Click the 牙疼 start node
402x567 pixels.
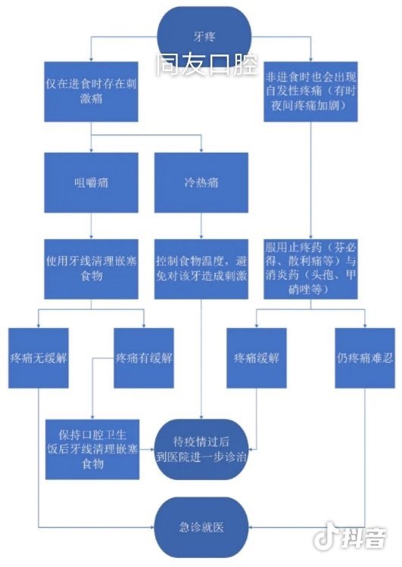point(204,36)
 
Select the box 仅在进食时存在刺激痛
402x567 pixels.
point(91,91)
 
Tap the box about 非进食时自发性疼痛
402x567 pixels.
point(310,91)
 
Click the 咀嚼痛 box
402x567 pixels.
point(91,183)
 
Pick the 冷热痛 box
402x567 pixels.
point(201,183)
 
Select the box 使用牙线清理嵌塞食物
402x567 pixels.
point(91,269)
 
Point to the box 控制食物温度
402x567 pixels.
point(201,269)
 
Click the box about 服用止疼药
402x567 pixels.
point(310,269)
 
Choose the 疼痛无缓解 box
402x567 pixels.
point(39,358)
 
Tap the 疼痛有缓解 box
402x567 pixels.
point(144,358)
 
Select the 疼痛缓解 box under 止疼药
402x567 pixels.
point(257,358)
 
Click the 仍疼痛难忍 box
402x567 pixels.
point(365,358)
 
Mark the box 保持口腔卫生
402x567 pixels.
point(92,450)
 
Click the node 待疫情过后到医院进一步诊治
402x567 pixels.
point(201,450)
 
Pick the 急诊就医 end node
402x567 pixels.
point(201,527)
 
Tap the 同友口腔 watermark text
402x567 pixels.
point(207,65)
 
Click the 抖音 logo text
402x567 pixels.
point(363,538)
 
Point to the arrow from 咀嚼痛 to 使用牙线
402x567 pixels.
point(91,226)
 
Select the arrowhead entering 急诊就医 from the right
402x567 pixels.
point(251,527)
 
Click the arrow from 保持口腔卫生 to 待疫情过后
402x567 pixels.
point(147,450)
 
